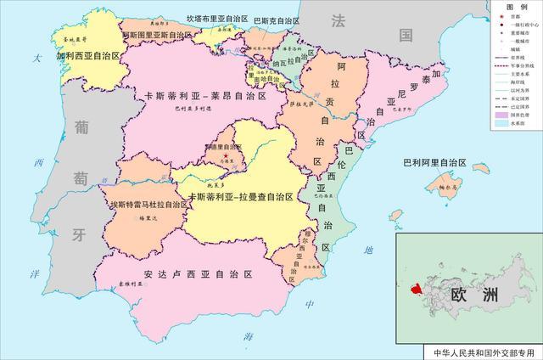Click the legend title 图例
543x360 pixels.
point(514,7)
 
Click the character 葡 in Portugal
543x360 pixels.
point(82,127)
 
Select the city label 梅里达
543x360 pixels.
point(126,218)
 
